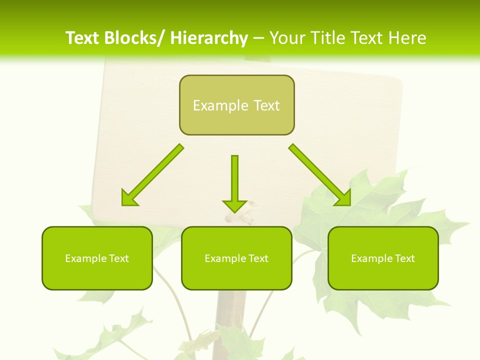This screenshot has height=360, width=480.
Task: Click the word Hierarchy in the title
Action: click(209, 38)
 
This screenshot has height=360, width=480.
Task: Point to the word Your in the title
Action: click(288, 38)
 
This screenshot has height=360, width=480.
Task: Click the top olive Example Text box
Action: click(236, 105)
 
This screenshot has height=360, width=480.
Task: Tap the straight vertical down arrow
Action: click(234, 180)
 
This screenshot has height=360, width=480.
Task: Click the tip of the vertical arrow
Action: click(234, 211)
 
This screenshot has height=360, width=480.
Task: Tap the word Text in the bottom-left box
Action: click(118, 258)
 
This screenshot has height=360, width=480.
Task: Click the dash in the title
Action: click(259, 38)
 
